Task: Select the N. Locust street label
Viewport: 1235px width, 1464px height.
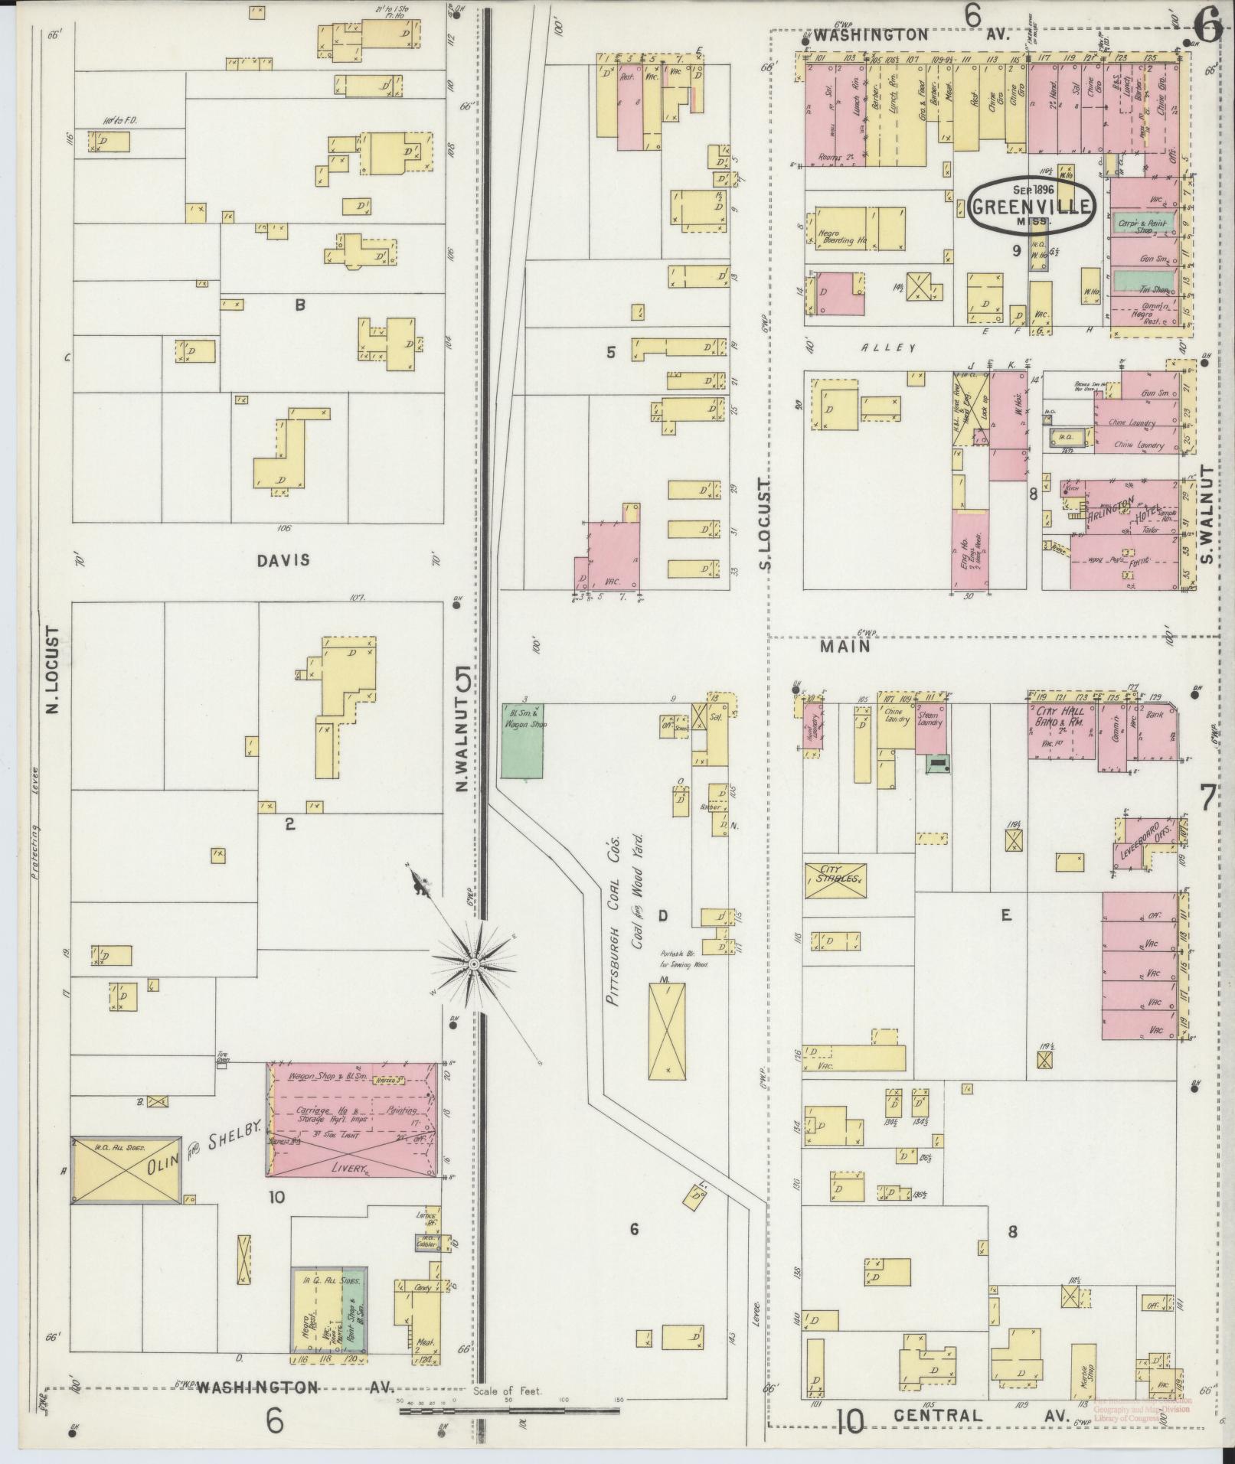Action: coord(52,670)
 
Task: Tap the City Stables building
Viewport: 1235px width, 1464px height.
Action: coord(835,880)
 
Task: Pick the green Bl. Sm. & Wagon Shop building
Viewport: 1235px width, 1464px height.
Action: coord(522,740)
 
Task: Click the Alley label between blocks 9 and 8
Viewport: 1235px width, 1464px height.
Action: coord(888,348)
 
